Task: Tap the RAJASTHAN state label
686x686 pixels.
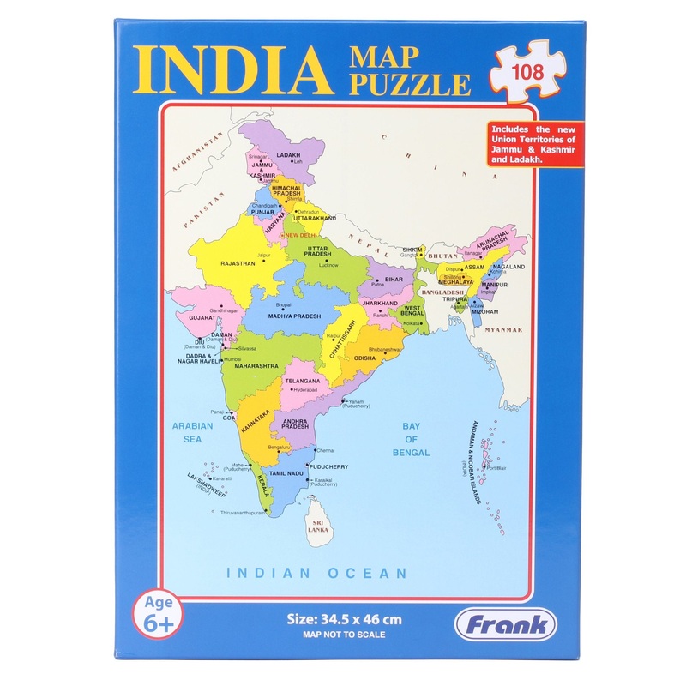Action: [239, 263]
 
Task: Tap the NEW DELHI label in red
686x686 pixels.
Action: [301, 235]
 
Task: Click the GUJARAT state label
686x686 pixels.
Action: [196, 318]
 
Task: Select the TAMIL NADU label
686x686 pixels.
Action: [287, 472]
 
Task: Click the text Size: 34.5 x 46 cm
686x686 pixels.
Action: [342, 618]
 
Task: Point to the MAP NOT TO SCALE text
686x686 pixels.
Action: [342, 635]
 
